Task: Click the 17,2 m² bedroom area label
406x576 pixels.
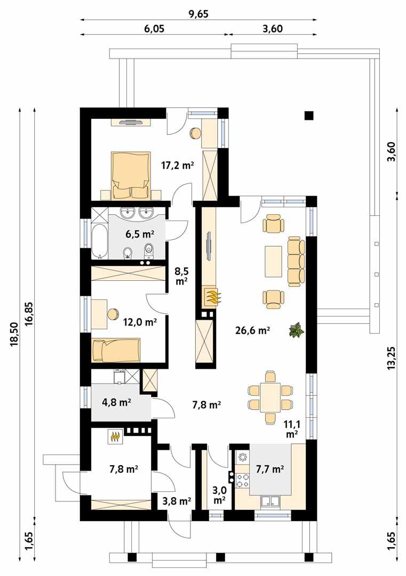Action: click(177, 165)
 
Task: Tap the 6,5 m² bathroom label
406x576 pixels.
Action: click(140, 233)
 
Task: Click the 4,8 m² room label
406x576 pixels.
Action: click(116, 400)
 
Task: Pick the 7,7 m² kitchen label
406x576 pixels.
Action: click(269, 469)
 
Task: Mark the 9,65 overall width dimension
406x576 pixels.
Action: click(198, 14)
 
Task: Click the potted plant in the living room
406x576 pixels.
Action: click(296, 331)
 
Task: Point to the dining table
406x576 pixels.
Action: click(271, 397)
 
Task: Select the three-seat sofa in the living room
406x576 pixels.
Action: click(296, 261)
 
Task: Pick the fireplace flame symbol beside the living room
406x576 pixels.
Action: click(212, 297)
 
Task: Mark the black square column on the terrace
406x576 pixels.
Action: click(308, 115)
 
